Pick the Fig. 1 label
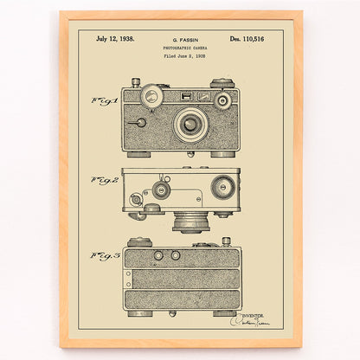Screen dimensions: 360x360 (x=103, y=101)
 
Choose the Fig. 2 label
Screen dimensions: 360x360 (x=103, y=180)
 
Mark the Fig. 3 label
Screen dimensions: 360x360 (x=103, y=256)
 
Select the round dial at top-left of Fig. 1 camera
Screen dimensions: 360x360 (x=152, y=93)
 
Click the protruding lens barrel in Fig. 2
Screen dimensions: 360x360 (x=190, y=222)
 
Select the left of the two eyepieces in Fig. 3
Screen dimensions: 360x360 (x=158, y=256)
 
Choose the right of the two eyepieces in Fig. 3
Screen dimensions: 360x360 (x=176, y=256)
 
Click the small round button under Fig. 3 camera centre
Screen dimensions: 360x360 (x=172, y=314)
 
